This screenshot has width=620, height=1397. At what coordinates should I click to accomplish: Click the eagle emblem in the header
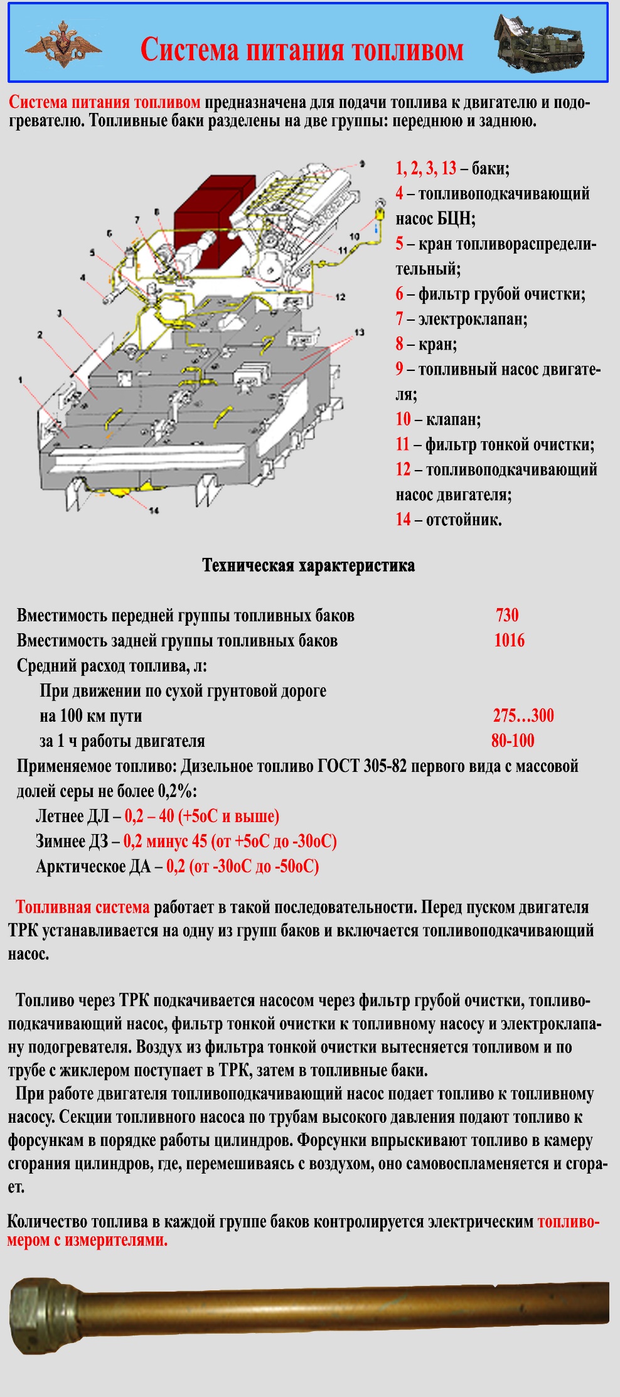pyautogui.click(x=63, y=43)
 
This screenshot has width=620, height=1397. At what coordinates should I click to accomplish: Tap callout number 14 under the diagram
pyautogui.click(x=154, y=510)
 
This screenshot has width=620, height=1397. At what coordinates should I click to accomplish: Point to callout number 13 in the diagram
pyautogui.click(x=359, y=332)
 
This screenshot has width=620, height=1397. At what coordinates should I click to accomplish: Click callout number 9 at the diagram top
pyautogui.click(x=362, y=164)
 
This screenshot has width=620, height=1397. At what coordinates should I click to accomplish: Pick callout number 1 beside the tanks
pyautogui.click(x=20, y=380)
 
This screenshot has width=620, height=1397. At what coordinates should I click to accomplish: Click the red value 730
pyautogui.click(x=507, y=615)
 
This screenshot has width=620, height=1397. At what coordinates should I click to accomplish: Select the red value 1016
pyautogui.click(x=509, y=640)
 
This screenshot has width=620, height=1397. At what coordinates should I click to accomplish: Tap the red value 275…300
pyautogui.click(x=523, y=715)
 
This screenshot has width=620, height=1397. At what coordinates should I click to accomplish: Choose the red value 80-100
pyautogui.click(x=513, y=741)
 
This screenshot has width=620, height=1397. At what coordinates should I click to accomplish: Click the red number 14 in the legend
pyautogui.click(x=403, y=520)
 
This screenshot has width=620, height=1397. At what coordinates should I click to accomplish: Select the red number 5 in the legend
pyautogui.click(x=399, y=244)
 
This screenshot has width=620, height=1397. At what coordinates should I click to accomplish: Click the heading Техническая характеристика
pyautogui.click(x=308, y=565)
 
